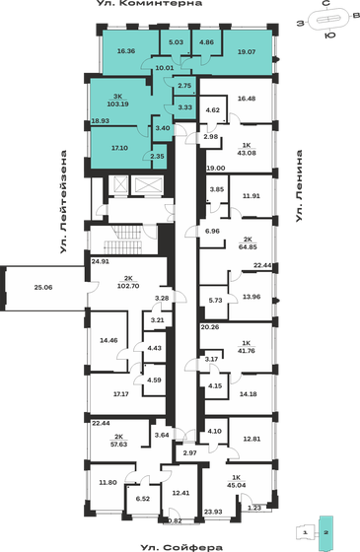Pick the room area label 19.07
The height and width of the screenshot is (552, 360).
[245, 50]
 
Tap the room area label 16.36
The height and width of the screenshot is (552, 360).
[125, 50]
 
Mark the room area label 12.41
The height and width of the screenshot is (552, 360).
[179, 492]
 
